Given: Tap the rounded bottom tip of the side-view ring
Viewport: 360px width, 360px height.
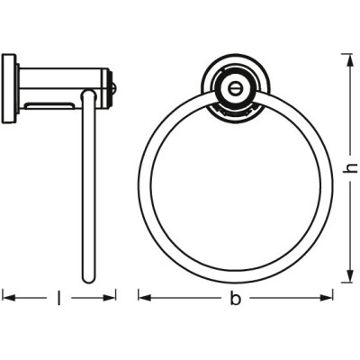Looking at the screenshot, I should (x=88, y=280).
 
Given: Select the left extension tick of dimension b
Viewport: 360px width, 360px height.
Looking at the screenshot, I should (x=138, y=293).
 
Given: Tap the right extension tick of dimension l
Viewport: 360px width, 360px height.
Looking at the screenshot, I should (x=116, y=293).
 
